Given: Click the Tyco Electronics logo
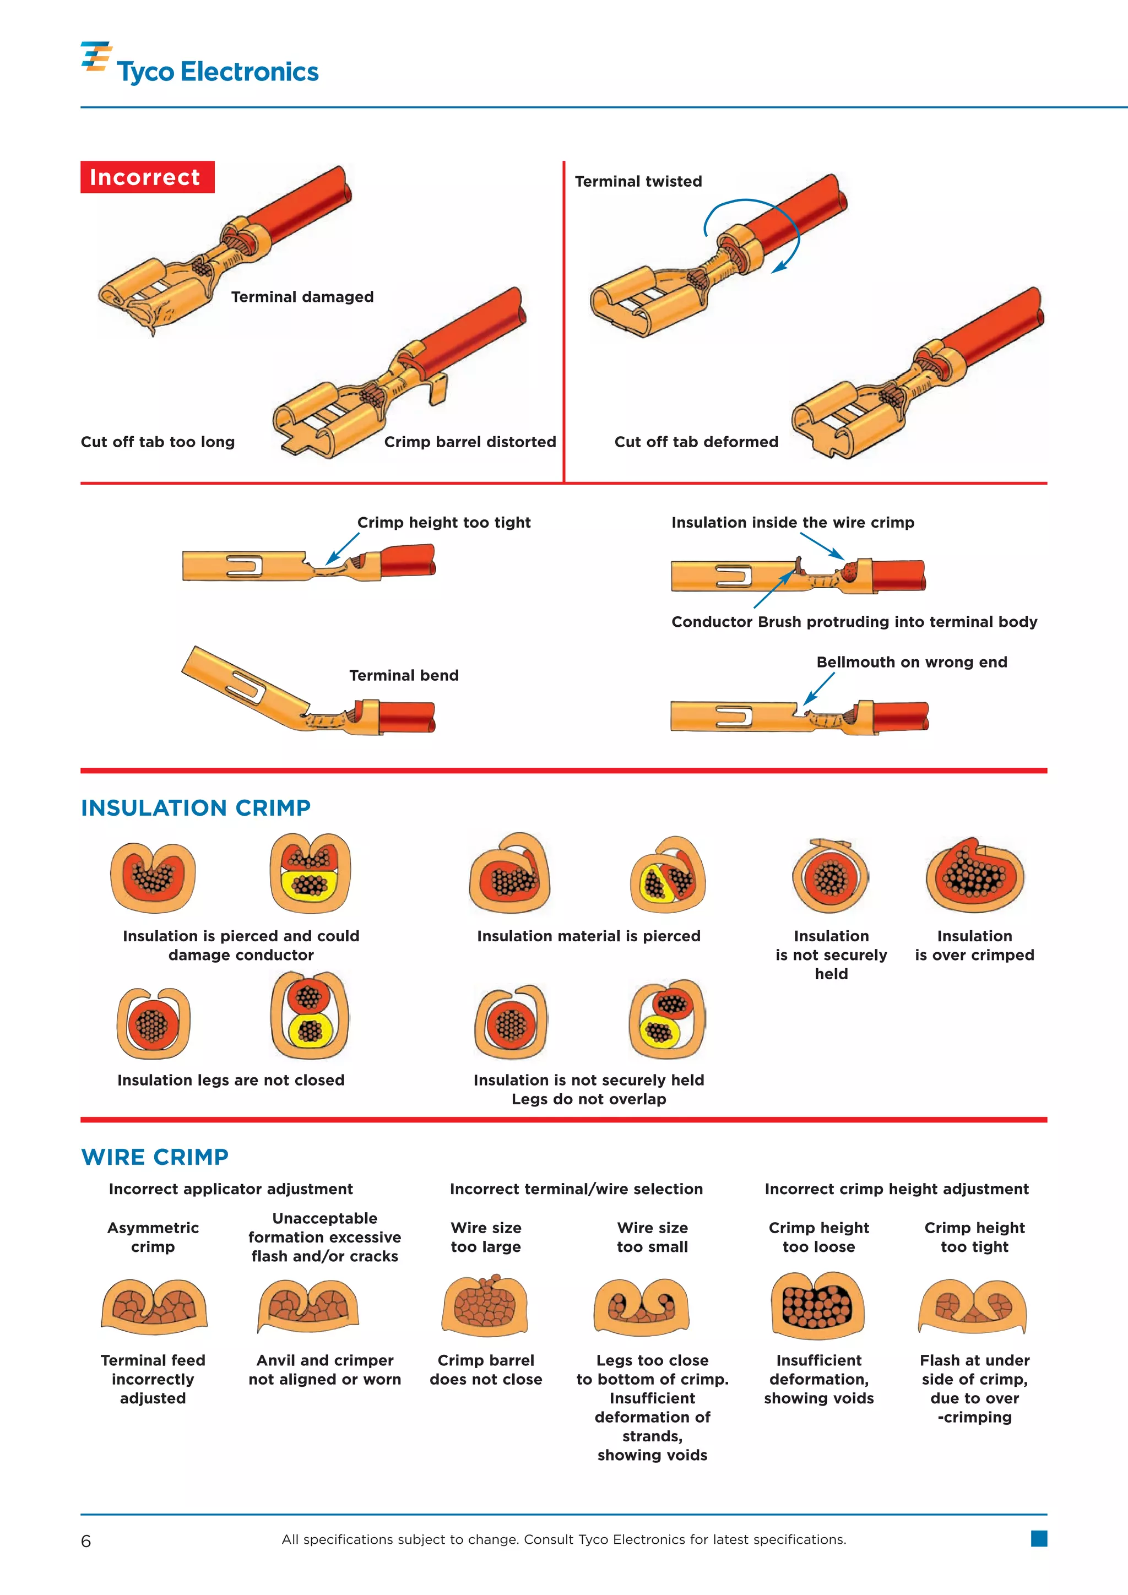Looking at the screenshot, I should (200, 64).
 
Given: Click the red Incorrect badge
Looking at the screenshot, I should (147, 177).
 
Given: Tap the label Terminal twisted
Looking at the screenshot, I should (638, 181).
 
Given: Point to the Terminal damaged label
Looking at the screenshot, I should (302, 297).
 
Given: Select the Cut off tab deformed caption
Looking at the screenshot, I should (696, 442).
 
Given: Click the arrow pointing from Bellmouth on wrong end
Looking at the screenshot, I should (819, 689).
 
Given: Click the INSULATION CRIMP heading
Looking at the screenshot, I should (196, 808).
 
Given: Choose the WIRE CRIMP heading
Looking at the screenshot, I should (155, 1157).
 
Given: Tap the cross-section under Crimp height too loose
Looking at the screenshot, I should (818, 1306).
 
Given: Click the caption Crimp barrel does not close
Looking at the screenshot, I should (485, 1369).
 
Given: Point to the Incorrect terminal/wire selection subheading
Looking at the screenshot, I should (576, 1189).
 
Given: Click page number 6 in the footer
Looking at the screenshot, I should (86, 1542).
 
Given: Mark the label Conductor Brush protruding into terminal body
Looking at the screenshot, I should (854, 622).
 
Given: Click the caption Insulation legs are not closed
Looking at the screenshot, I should (231, 1080).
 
